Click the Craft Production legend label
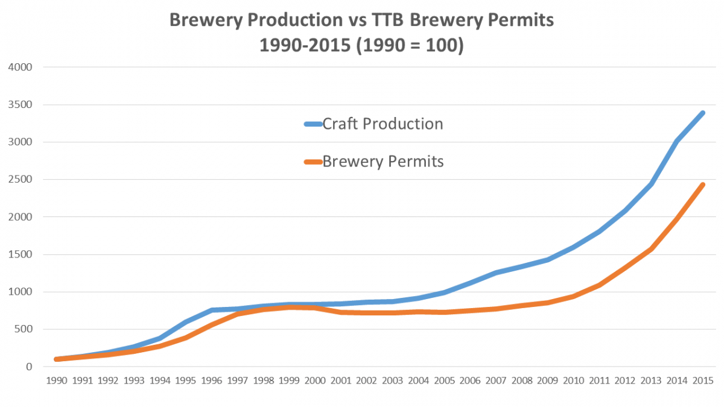[x=383, y=124]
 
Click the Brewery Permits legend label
[x=383, y=162]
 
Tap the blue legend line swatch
[x=313, y=125]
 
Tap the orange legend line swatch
[x=313, y=162]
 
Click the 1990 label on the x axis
[x=57, y=381]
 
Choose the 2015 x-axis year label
[x=703, y=381]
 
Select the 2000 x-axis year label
[x=316, y=381]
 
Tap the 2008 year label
[x=522, y=381]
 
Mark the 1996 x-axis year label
[x=212, y=381]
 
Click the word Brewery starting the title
[x=202, y=21]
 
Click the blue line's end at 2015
[x=703, y=113]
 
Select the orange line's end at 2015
[x=703, y=185]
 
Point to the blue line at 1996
[x=212, y=311]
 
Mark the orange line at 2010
[x=574, y=296]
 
